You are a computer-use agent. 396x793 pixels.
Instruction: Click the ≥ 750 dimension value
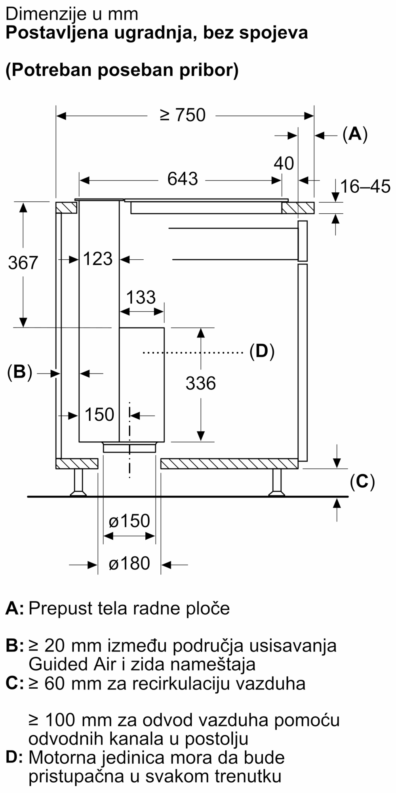pyautogui.click(x=183, y=115)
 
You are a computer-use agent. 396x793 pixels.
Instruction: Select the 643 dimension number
pyautogui.click(x=182, y=179)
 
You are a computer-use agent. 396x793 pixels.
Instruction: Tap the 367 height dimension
pyautogui.click(x=23, y=263)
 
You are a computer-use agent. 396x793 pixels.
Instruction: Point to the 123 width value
pyautogui.click(x=98, y=259)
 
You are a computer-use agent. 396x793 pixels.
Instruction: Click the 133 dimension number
pyautogui.click(x=141, y=297)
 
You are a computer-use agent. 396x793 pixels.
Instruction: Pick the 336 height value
pyautogui.click(x=201, y=383)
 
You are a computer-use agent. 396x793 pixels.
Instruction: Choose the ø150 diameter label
pyautogui.click(x=129, y=521)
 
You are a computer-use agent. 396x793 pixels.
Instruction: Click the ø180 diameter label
pyautogui.click(x=129, y=563)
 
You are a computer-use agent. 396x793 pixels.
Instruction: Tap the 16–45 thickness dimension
pyautogui.click(x=365, y=186)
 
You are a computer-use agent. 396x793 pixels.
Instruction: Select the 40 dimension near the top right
pyautogui.click(x=284, y=163)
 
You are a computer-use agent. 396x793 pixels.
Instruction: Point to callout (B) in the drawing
pyautogui.click(x=19, y=372)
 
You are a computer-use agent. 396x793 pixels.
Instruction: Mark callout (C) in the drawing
pyautogui.click(x=362, y=481)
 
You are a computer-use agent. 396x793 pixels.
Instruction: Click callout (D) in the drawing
pyautogui.click(x=262, y=352)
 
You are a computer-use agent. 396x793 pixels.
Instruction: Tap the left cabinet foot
pyautogui.click(x=78, y=483)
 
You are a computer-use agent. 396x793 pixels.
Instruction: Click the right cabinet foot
pyautogui.click(x=276, y=483)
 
